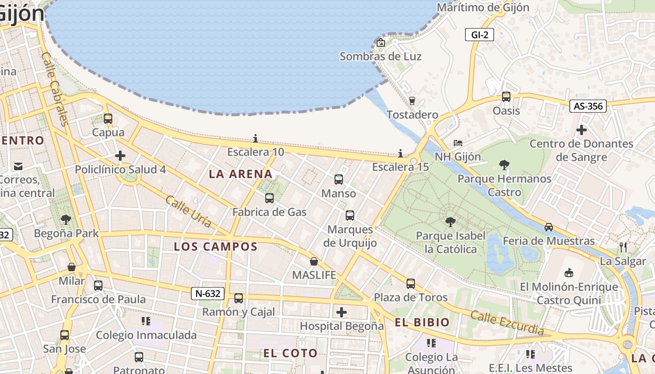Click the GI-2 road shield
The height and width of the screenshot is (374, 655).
click(x=480, y=35)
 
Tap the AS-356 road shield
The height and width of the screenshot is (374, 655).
click(x=588, y=106)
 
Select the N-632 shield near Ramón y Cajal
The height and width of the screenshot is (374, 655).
click(x=208, y=294)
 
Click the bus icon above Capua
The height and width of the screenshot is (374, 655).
click(x=108, y=119)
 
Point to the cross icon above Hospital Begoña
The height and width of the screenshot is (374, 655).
click(x=342, y=312)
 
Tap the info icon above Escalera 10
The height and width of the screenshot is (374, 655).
click(x=255, y=138)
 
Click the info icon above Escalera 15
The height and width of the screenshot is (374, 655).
click(x=400, y=153)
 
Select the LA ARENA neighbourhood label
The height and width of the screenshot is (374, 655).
click(x=240, y=174)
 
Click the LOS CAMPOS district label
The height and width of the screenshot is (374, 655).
click(x=216, y=246)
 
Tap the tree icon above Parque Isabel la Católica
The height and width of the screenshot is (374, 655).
click(x=451, y=222)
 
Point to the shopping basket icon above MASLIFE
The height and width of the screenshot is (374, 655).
click(x=314, y=261)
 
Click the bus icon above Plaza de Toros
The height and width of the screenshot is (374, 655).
click(x=410, y=283)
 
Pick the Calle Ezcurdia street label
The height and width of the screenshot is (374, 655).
click(x=507, y=323)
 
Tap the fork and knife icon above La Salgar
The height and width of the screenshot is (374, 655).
click(x=623, y=247)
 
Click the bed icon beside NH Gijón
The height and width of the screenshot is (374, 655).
click(x=458, y=143)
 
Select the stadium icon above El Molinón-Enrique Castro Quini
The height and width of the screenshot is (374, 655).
click(x=569, y=272)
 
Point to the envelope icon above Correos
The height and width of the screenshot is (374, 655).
click(x=18, y=166)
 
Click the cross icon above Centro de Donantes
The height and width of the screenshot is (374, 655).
click(x=582, y=129)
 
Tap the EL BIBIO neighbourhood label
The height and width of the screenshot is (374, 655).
click(x=422, y=322)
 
